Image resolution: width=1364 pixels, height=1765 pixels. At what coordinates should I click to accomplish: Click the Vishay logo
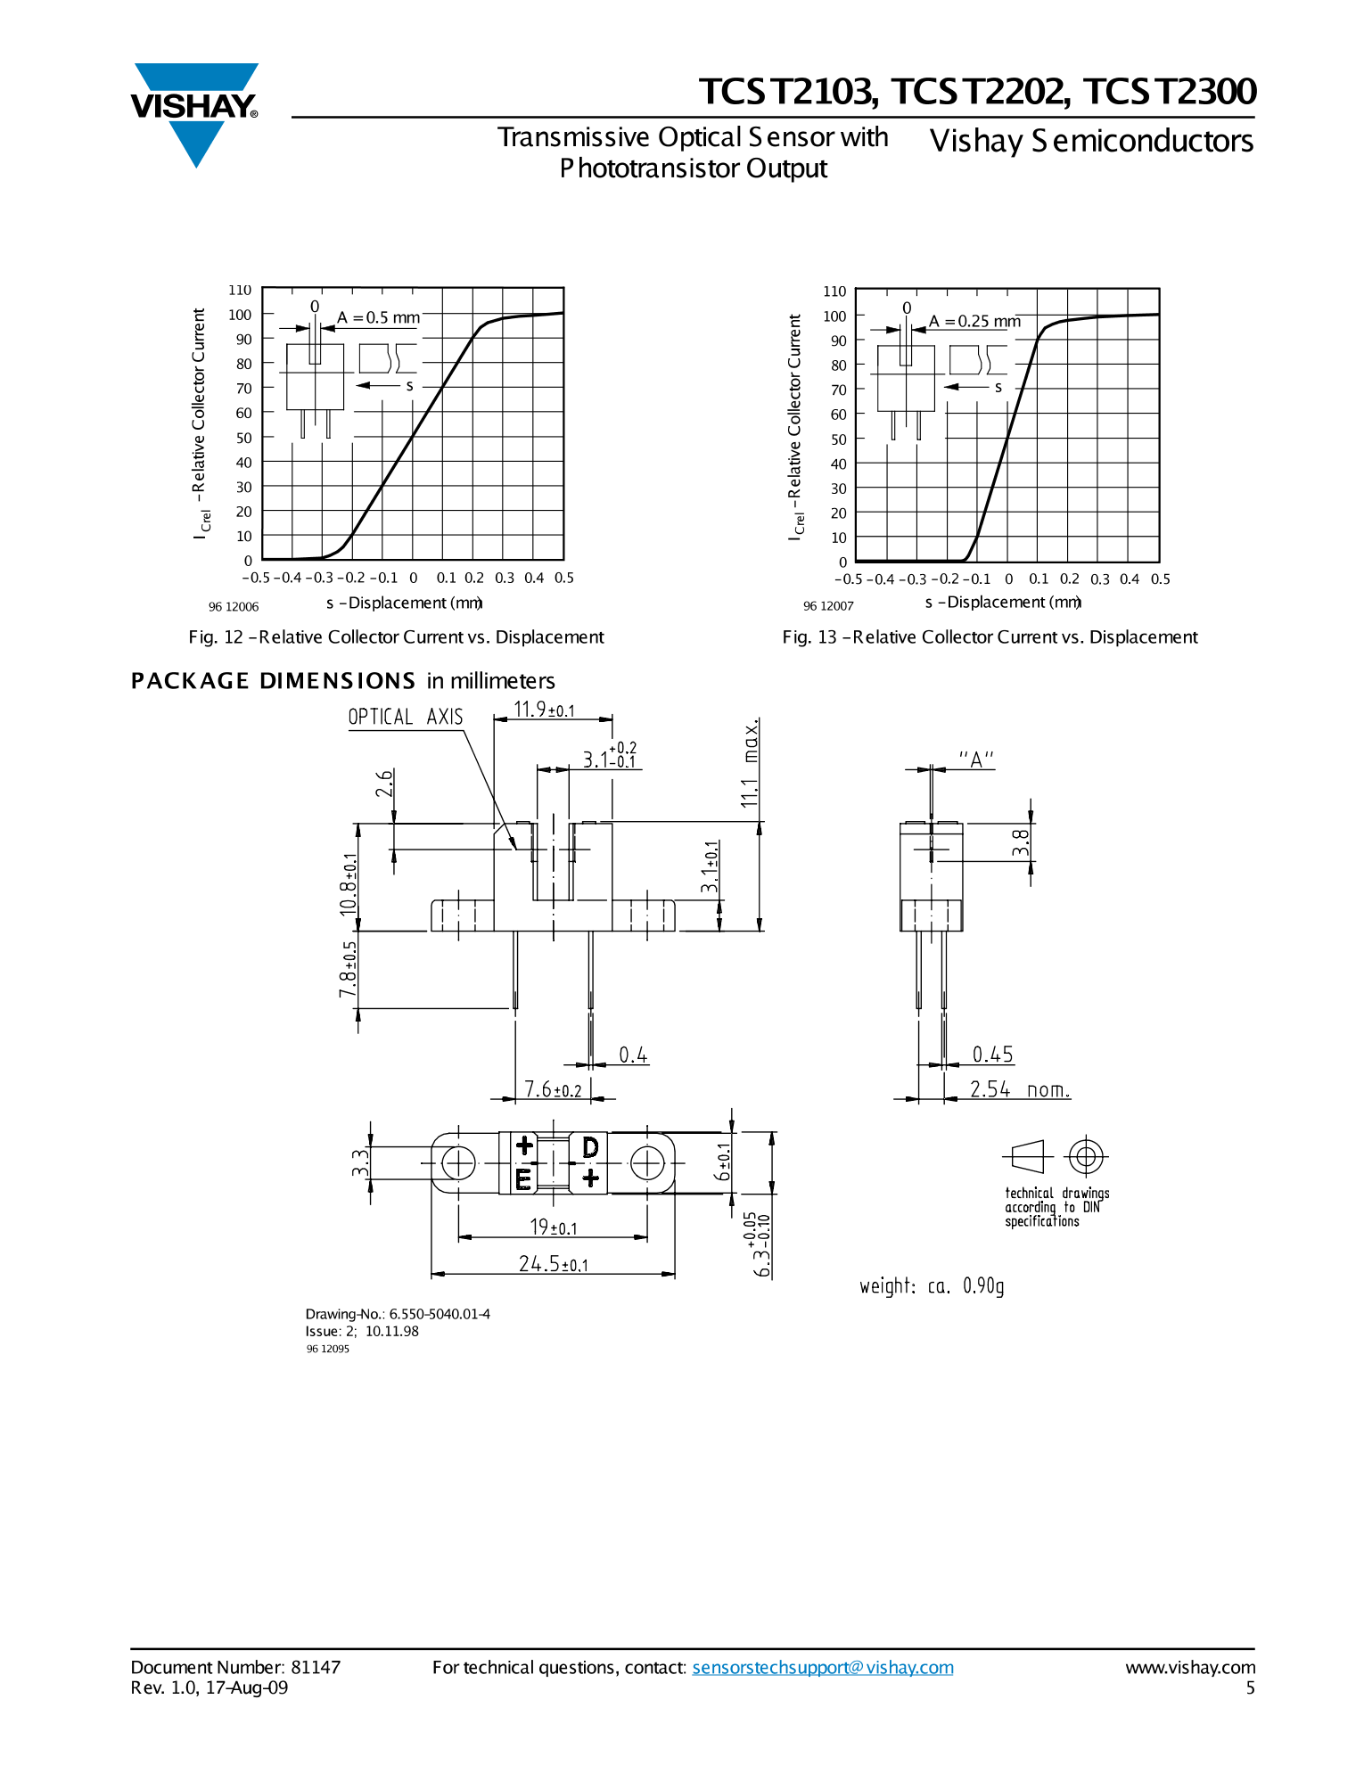click(195, 114)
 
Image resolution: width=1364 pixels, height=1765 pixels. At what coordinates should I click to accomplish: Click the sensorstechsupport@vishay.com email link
click(823, 1667)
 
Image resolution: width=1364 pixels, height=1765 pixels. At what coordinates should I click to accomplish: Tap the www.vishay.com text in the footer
click(1190, 1667)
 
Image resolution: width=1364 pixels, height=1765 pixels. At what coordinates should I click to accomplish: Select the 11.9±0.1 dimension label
click(545, 710)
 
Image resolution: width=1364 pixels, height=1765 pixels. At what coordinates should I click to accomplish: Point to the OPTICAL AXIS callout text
click(406, 717)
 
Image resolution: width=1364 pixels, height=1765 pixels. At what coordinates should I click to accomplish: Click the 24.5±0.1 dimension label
click(554, 1264)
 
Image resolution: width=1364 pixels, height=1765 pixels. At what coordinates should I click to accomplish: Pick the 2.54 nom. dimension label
click(1020, 1089)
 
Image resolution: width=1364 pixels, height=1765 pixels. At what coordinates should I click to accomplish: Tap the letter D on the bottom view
click(590, 1147)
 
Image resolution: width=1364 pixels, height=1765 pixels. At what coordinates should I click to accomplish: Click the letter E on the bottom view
click(523, 1179)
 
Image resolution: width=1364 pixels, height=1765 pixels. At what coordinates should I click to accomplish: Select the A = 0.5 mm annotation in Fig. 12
click(378, 317)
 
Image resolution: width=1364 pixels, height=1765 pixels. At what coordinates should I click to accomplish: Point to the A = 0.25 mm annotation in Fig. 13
click(974, 321)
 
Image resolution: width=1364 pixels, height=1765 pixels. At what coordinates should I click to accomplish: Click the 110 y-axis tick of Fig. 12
click(240, 290)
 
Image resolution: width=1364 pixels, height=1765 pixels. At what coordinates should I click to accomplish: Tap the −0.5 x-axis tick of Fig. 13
click(849, 579)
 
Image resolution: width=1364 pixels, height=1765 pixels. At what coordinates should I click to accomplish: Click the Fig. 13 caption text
click(990, 636)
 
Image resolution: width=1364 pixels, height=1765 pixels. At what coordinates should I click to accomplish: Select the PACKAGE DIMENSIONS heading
click(273, 681)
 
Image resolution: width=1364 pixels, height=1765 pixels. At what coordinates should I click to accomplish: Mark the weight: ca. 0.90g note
click(932, 1285)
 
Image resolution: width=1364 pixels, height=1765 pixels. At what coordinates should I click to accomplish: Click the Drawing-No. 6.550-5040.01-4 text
click(398, 1314)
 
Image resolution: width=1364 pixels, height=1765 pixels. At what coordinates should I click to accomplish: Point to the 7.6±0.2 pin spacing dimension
click(553, 1089)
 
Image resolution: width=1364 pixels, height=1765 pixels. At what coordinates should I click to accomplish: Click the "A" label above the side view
click(976, 759)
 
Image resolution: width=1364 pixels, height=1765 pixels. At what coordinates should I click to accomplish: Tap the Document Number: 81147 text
click(235, 1667)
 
